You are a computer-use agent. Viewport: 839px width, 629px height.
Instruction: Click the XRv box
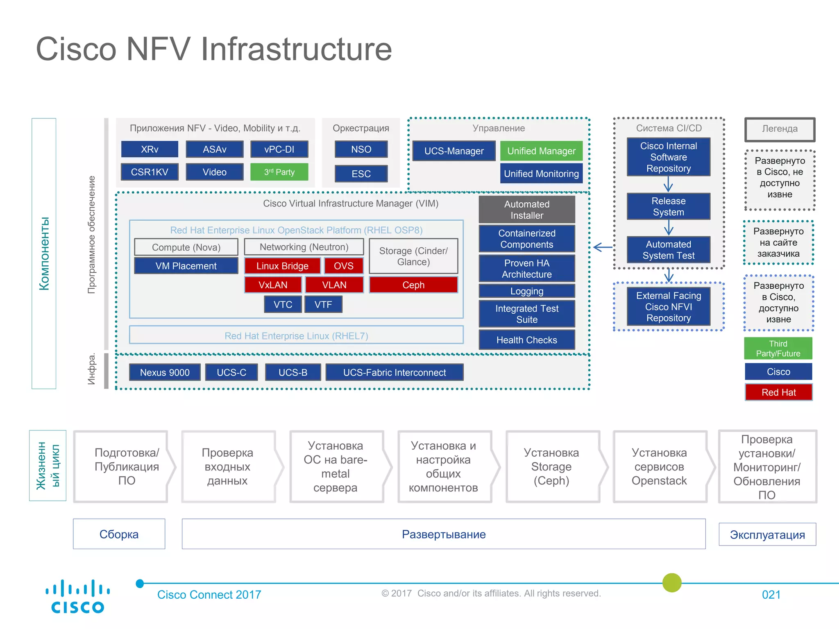[150, 149]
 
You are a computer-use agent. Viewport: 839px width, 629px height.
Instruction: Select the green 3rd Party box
[279, 172]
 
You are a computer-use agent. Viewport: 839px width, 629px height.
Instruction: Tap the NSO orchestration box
[361, 149]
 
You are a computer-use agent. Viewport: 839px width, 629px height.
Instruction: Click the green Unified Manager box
[541, 151]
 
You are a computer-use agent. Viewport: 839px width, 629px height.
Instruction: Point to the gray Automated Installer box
[526, 210]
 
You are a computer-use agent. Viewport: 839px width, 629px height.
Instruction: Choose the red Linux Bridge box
[282, 266]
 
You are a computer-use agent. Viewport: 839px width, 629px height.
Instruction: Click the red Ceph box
[413, 285]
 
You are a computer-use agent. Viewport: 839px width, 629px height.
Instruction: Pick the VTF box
[323, 304]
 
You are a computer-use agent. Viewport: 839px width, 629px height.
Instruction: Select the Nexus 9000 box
[165, 372]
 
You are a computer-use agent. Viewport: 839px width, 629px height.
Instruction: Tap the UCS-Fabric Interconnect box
[394, 372]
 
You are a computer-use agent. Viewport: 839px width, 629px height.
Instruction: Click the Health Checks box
[526, 340]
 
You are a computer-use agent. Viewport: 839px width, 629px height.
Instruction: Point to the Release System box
[668, 206]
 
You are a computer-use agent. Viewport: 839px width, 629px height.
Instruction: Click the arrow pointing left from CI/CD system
[603, 247]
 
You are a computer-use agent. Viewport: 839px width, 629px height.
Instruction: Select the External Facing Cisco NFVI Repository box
[668, 307]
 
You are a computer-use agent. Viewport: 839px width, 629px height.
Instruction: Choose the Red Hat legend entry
[778, 392]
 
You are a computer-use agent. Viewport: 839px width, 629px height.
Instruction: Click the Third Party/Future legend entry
[778, 348]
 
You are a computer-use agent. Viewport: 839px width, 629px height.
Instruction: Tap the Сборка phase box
[119, 534]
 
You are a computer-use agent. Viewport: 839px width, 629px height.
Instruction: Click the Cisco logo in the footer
[77, 596]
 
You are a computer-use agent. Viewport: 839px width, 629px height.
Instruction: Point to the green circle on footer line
[672, 582]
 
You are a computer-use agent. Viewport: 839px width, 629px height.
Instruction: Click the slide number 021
[771, 595]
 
